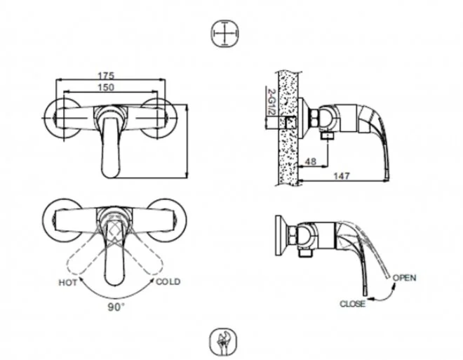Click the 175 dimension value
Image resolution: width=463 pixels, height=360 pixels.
point(107,74)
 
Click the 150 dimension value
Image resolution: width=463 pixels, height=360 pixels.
point(107,87)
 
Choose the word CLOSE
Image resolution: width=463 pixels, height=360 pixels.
point(352,304)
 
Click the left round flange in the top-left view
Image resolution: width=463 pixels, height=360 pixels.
point(61,116)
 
